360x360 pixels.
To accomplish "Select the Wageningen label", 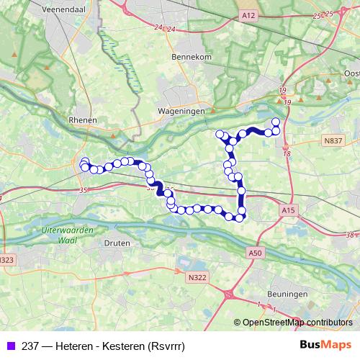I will (x=181, y=112).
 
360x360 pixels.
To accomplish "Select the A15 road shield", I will (x=287, y=210).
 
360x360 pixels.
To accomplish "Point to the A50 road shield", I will (x=256, y=253).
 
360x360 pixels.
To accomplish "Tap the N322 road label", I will (x=196, y=276).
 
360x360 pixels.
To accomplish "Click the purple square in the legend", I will (x=9, y=346).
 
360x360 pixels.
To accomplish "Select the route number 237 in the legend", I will (x=30, y=346).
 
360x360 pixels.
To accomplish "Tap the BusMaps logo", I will (x=325, y=346).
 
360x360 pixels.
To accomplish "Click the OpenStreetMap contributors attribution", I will (x=297, y=323).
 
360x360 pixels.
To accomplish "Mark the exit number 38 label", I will (x=351, y=235).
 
